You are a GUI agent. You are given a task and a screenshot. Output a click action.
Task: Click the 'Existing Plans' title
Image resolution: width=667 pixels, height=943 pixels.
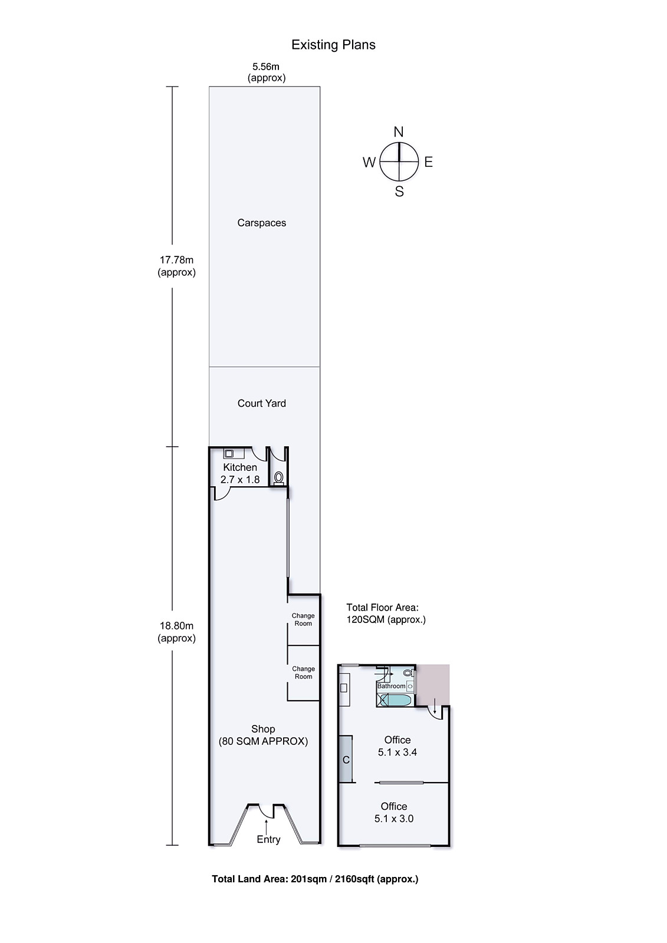point(333,45)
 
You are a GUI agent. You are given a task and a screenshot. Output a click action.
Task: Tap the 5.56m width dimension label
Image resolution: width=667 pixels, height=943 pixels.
point(266,72)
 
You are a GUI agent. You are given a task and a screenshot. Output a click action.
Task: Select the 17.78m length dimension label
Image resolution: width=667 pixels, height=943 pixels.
point(176,266)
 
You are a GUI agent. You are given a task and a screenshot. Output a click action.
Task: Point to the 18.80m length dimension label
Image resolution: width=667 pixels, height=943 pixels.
point(176,632)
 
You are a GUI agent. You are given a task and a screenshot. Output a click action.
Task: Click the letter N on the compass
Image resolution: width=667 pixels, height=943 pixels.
point(399,132)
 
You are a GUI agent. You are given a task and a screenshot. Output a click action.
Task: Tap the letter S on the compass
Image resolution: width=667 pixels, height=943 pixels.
point(399,192)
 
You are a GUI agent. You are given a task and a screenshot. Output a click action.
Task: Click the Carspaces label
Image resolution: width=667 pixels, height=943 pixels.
point(261,223)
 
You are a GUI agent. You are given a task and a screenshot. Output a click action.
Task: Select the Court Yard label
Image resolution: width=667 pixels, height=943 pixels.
point(261,403)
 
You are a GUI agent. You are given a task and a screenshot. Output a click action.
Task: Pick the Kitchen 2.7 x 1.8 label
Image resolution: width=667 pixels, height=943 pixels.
point(240,473)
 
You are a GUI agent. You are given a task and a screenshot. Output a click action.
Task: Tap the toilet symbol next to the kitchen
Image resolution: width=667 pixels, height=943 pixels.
point(278,477)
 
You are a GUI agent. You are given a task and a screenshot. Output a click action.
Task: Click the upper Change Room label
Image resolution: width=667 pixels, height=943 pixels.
point(303,619)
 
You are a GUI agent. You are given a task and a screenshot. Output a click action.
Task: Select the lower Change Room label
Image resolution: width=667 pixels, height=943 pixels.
point(303,672)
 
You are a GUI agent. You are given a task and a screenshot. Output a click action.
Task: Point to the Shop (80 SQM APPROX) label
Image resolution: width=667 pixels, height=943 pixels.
point(263,735)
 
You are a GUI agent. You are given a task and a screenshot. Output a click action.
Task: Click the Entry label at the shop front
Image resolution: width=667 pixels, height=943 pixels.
point(268,839)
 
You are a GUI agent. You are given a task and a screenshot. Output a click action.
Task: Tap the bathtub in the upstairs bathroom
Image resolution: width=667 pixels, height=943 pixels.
point(396,700)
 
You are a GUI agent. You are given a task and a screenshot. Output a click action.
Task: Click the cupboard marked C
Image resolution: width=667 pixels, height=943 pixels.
point(346,759)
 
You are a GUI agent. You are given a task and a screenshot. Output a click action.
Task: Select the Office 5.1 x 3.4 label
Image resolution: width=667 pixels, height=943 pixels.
point(397,746)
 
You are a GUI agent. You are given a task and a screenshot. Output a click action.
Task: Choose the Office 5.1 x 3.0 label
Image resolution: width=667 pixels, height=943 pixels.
point(393,812)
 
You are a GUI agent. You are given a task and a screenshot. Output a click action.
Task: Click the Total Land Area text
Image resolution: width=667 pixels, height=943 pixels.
point(315,879)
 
